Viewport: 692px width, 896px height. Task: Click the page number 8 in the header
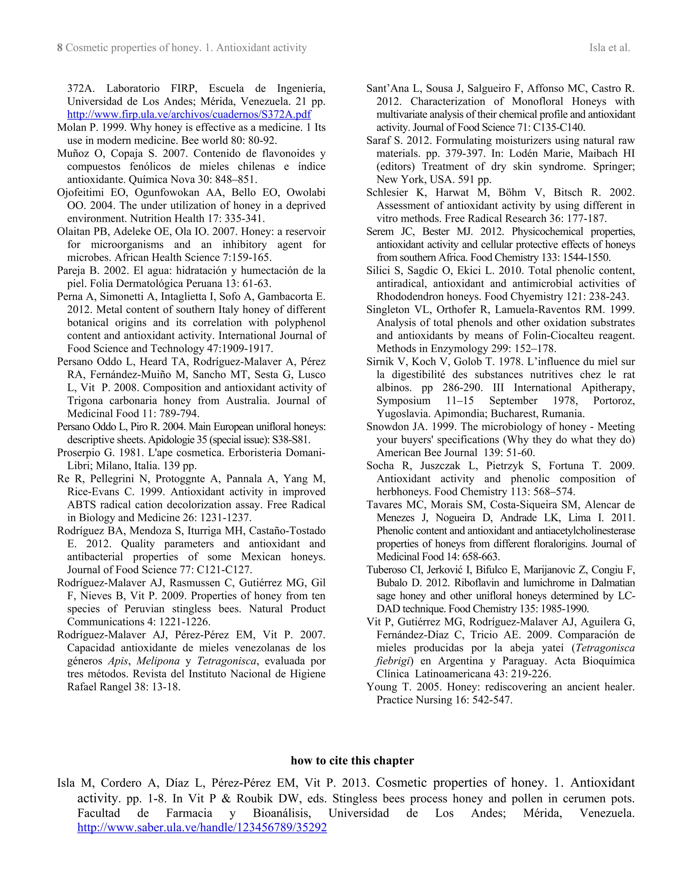[60, 48]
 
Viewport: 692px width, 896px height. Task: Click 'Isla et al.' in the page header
[609, 48]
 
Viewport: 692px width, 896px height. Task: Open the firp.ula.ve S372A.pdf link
[189, 115]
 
